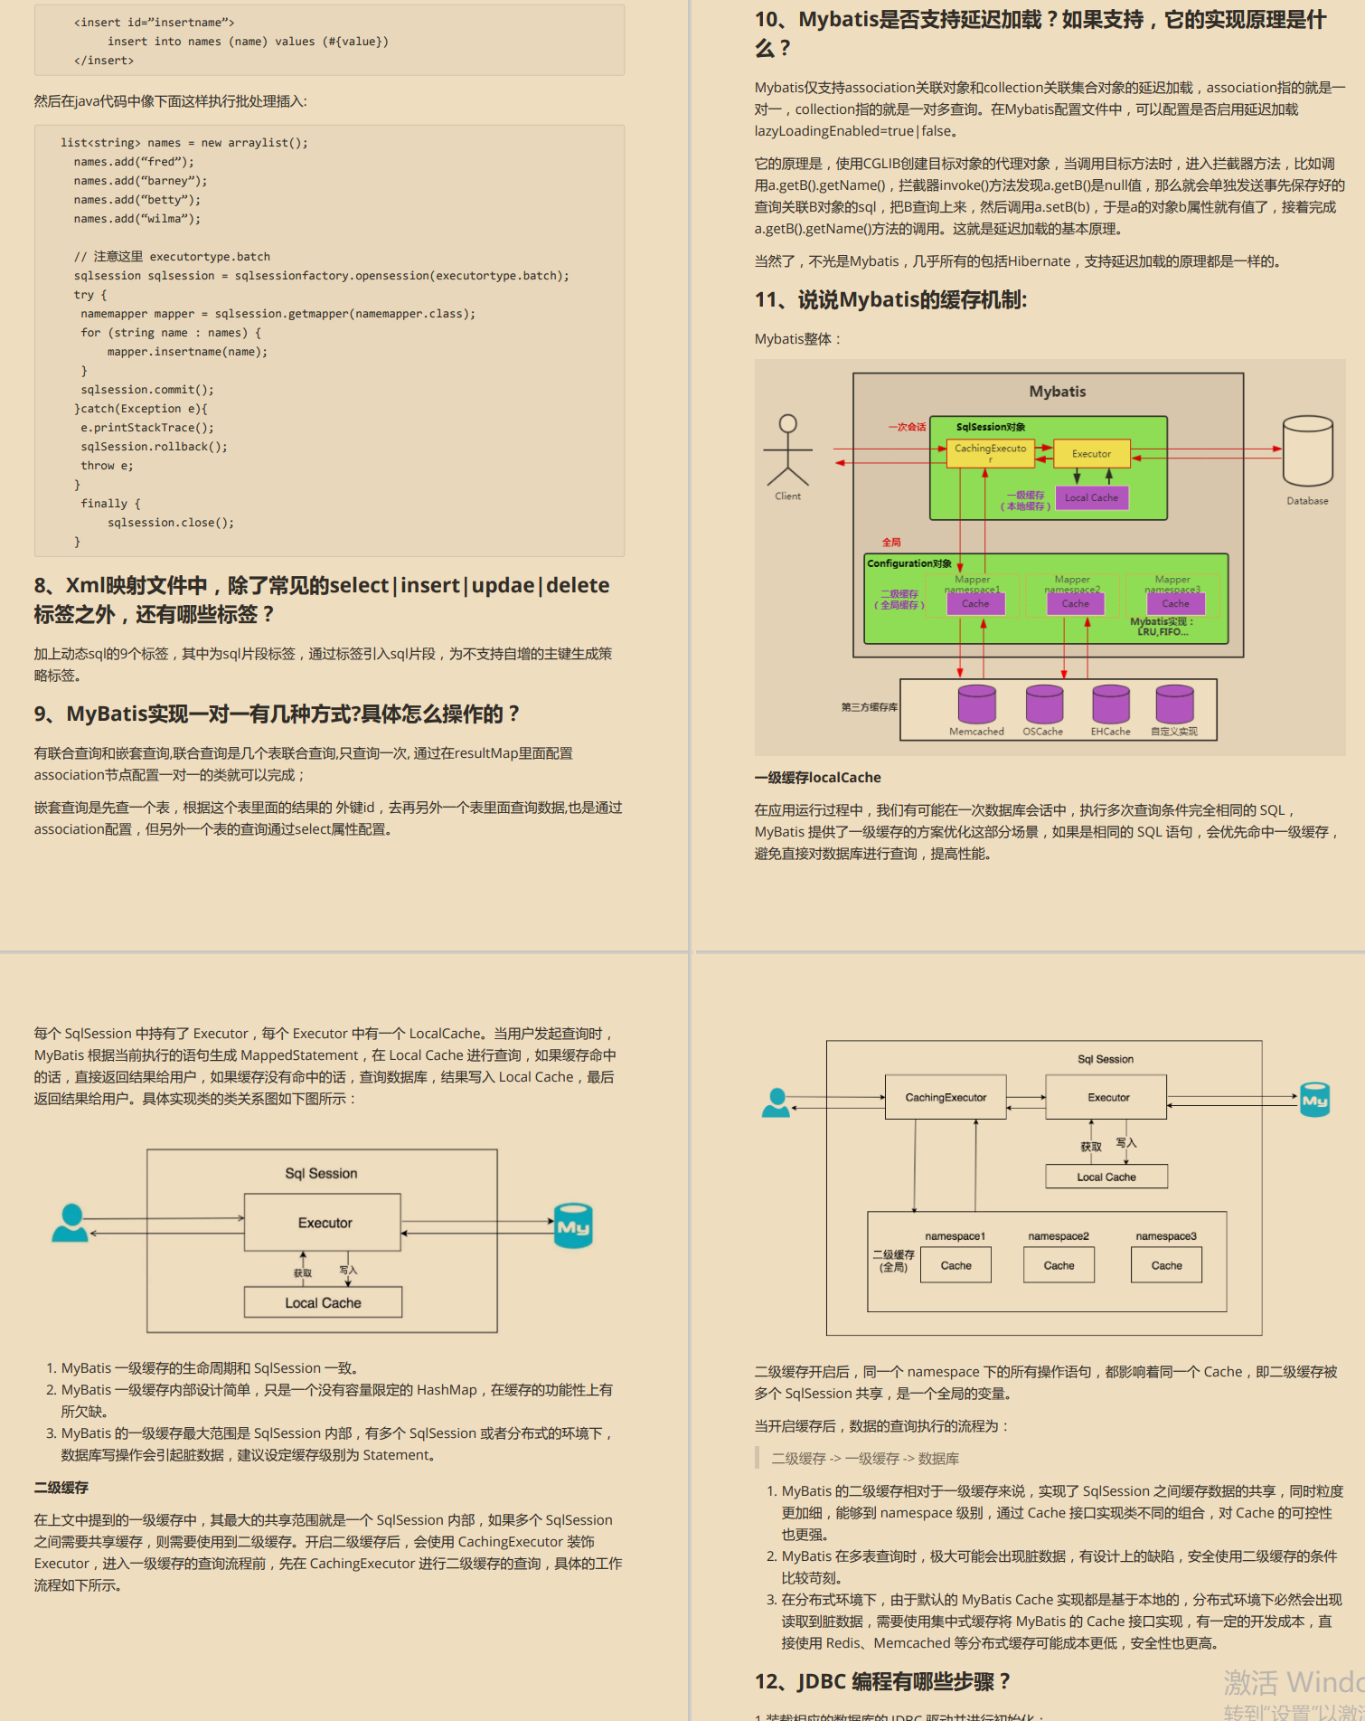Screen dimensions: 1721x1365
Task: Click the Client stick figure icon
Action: (787, 450)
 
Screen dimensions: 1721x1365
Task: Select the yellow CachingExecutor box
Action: (990, 452)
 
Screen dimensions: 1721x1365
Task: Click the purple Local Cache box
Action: (1091, 497)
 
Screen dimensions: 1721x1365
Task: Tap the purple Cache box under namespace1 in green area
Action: (975, 603)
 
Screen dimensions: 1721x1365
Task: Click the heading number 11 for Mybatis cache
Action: (767, 300)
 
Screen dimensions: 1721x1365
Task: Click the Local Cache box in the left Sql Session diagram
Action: (323, 1303)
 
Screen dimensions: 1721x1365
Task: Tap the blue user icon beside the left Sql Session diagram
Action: (71, 1223)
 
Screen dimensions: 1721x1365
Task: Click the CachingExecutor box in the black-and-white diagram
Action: (946, 1097)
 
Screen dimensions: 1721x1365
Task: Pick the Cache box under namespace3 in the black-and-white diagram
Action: (1166, 1265)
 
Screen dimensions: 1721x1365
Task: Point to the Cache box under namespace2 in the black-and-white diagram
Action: (1059, 1265)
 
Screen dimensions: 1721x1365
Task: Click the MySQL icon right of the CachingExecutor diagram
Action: (1314, 1100)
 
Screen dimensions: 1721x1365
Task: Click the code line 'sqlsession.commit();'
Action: (147, 390)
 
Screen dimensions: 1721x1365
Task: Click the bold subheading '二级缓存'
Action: (61, 1488)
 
